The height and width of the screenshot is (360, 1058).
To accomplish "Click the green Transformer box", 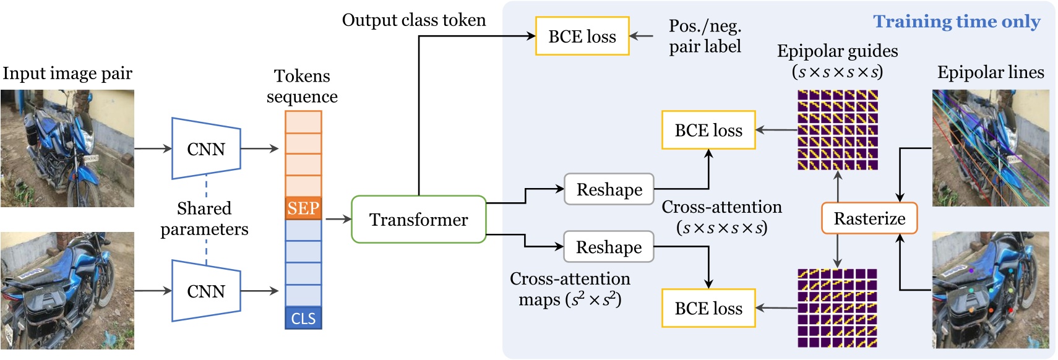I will [x=418, y=220].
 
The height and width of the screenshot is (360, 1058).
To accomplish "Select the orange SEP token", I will [x=303, y=208].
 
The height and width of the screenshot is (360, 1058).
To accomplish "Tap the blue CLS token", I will [x=303, y=318].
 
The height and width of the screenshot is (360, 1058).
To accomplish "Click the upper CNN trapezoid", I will [x=206, y=149].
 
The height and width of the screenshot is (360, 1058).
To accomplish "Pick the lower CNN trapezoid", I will [x=206, y=291].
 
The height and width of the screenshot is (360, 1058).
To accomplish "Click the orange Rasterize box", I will [x=869, y=218].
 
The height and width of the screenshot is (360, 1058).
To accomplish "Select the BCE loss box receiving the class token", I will [x=582, y=36].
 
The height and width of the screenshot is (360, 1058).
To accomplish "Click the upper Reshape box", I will [x=609, y=189].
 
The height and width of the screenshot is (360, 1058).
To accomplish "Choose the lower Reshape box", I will [x=609, y=247].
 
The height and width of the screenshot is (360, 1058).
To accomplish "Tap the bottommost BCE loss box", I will [x=708, y=308].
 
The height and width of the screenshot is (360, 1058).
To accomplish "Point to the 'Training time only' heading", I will [x=956, y=22].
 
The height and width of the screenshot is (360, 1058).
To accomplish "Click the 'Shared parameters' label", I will [x=204, y=218].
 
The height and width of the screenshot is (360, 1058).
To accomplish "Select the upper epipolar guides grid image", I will [x=837, y=130].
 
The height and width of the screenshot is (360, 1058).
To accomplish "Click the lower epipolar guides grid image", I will [x=837, y=307].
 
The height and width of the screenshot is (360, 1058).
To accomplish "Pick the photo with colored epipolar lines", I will [x=990, y=148].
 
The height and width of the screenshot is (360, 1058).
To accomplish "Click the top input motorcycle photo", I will [x=67, y=148].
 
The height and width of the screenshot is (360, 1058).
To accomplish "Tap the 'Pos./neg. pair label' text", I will [x=705, y=36].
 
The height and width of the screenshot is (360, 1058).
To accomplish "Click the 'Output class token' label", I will [x=413, y=20].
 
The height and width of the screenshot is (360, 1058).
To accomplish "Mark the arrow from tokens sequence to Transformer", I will [x=337, y=219].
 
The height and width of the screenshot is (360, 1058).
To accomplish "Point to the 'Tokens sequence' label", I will [x=302, y=86].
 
